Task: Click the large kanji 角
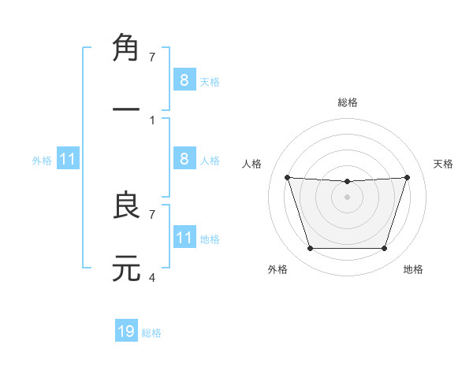[x=126, y=48]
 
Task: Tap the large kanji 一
[x=126, y=109]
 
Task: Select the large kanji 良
[x=126, y=205]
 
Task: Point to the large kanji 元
[x=126, y=268]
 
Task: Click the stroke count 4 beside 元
[x=152, y=277]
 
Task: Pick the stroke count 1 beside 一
[x=152, y=120]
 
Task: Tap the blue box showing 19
[x=126, y=331]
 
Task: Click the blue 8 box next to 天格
[x=184, y=80]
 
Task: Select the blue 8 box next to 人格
[x=184, y=159]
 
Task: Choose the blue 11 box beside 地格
[x=184, y=237]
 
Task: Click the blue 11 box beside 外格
[x=67, y=159]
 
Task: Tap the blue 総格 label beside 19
[x=151, y=333]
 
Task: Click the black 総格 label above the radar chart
[x=347, y=102]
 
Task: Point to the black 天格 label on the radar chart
[x=443, y=164]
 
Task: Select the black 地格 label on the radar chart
[x=413, y=269]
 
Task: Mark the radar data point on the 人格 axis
[x=287, y=177]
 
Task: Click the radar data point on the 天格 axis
[x=407, y=177]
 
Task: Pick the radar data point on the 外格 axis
[x=310, y=249]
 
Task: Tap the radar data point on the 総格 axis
[x=347, y=182]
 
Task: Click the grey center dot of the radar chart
[x=347, y=196]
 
